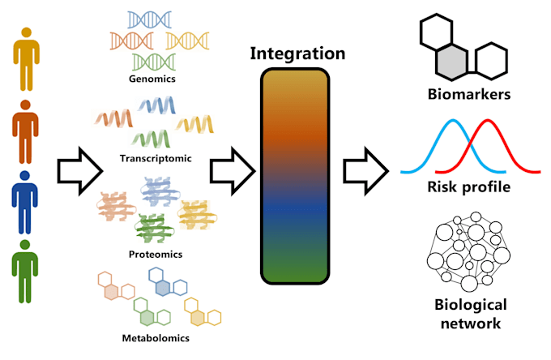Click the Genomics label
click(152, 79)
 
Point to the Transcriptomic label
click(155, 158)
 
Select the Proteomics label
click(155, 254)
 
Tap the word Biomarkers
click(469, 95)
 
